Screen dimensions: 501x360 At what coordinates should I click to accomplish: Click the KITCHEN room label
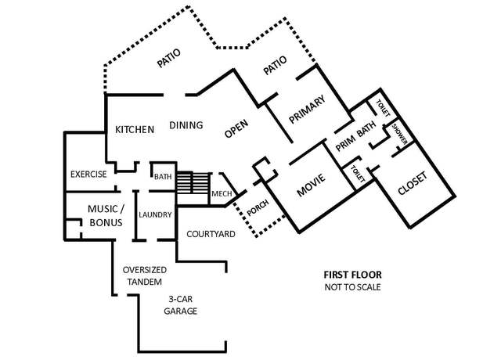tap(135, 129)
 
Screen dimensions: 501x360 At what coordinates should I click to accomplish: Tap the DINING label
tap(186, 125)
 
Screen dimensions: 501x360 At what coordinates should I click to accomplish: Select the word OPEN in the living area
tap(236, 128)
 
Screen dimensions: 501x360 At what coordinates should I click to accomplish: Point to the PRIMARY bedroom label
tap(307, 110)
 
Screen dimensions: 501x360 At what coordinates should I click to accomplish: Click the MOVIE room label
tap(311, 185)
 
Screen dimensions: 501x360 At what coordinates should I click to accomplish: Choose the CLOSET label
tap(413, 183)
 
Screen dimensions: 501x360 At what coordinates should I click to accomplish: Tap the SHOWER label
tap(400, 134)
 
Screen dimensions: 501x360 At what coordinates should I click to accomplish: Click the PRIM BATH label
tap(356, 136)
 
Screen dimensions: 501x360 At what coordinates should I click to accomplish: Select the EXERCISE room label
tap(88, 174)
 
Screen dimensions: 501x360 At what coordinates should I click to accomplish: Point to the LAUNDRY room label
tap(155, 214)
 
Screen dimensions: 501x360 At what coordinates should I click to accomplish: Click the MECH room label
tap(222, 193)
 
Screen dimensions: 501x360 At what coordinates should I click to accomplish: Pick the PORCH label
tap(258, 207)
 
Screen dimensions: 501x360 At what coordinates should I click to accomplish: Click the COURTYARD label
tap(211, 234)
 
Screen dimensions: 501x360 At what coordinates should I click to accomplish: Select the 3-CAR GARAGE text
tap(180, 305)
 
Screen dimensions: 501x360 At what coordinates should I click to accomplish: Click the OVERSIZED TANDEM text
tap(144, 275)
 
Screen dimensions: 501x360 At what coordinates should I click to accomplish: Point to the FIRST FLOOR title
tap(353, 275)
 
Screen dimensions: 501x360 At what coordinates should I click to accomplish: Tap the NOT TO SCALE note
tap(353, 287)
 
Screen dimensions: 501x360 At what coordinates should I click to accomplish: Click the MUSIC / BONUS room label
tap(106, 216)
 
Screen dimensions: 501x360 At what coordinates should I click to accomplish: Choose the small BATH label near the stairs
tap(163, 177)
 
